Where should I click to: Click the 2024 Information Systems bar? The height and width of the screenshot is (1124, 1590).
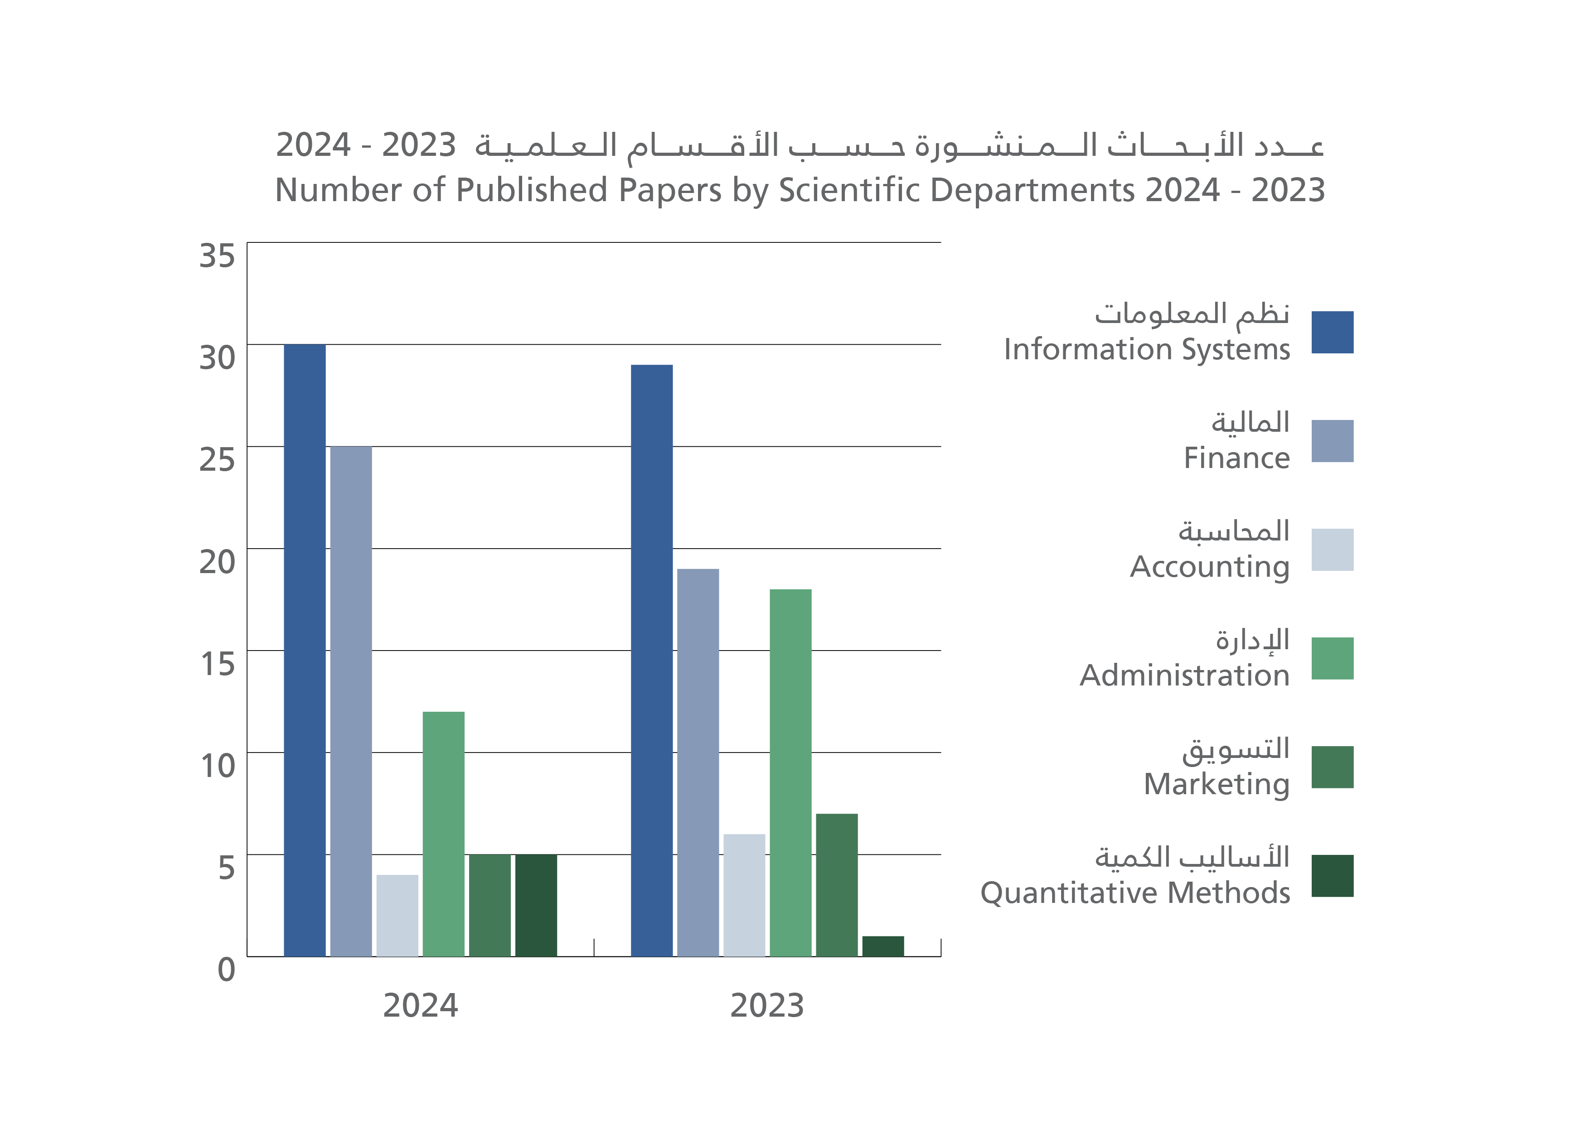[x=305, y=651]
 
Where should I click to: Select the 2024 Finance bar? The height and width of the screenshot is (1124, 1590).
[x=351, y=701]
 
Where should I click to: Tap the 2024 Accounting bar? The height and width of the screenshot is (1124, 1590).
[x=397, y=916]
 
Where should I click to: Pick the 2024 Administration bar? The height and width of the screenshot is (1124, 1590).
[x=443, y=834]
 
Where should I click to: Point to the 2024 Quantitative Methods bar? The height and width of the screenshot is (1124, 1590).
[x=536, y=905]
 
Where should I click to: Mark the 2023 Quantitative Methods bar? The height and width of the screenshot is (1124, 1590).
[x=883, y=946]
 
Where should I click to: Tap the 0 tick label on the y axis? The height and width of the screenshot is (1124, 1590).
[x=226, y=970]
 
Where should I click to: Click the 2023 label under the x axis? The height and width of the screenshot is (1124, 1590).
[x=767, y=1006]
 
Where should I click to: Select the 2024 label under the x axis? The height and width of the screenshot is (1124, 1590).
[x=420, y=1006]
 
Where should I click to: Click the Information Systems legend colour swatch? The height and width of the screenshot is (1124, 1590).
[x=1333, y=332]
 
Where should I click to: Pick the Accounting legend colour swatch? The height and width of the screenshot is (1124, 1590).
[x=1333, y=550]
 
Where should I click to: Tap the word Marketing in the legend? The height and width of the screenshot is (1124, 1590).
[x=1217, y=784]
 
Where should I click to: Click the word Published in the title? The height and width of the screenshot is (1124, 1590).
[x=532, y=190]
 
